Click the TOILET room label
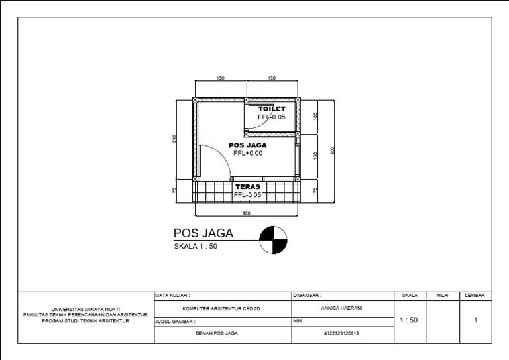(272, 109)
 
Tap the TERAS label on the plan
(248, 187)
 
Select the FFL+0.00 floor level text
(248, 153)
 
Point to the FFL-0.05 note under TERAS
(248, 195)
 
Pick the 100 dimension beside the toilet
(316, 116)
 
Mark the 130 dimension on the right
(316, 156)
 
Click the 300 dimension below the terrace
(246, 214)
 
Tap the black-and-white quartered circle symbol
(273, 240)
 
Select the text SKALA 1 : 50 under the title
(196, 246)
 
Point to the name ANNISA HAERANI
(341, 308)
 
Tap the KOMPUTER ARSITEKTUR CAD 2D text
(222, 308)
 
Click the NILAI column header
(443, 295)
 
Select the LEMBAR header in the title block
(475, 295)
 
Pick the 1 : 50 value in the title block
(409, 320)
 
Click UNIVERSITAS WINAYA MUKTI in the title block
(85, 308)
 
